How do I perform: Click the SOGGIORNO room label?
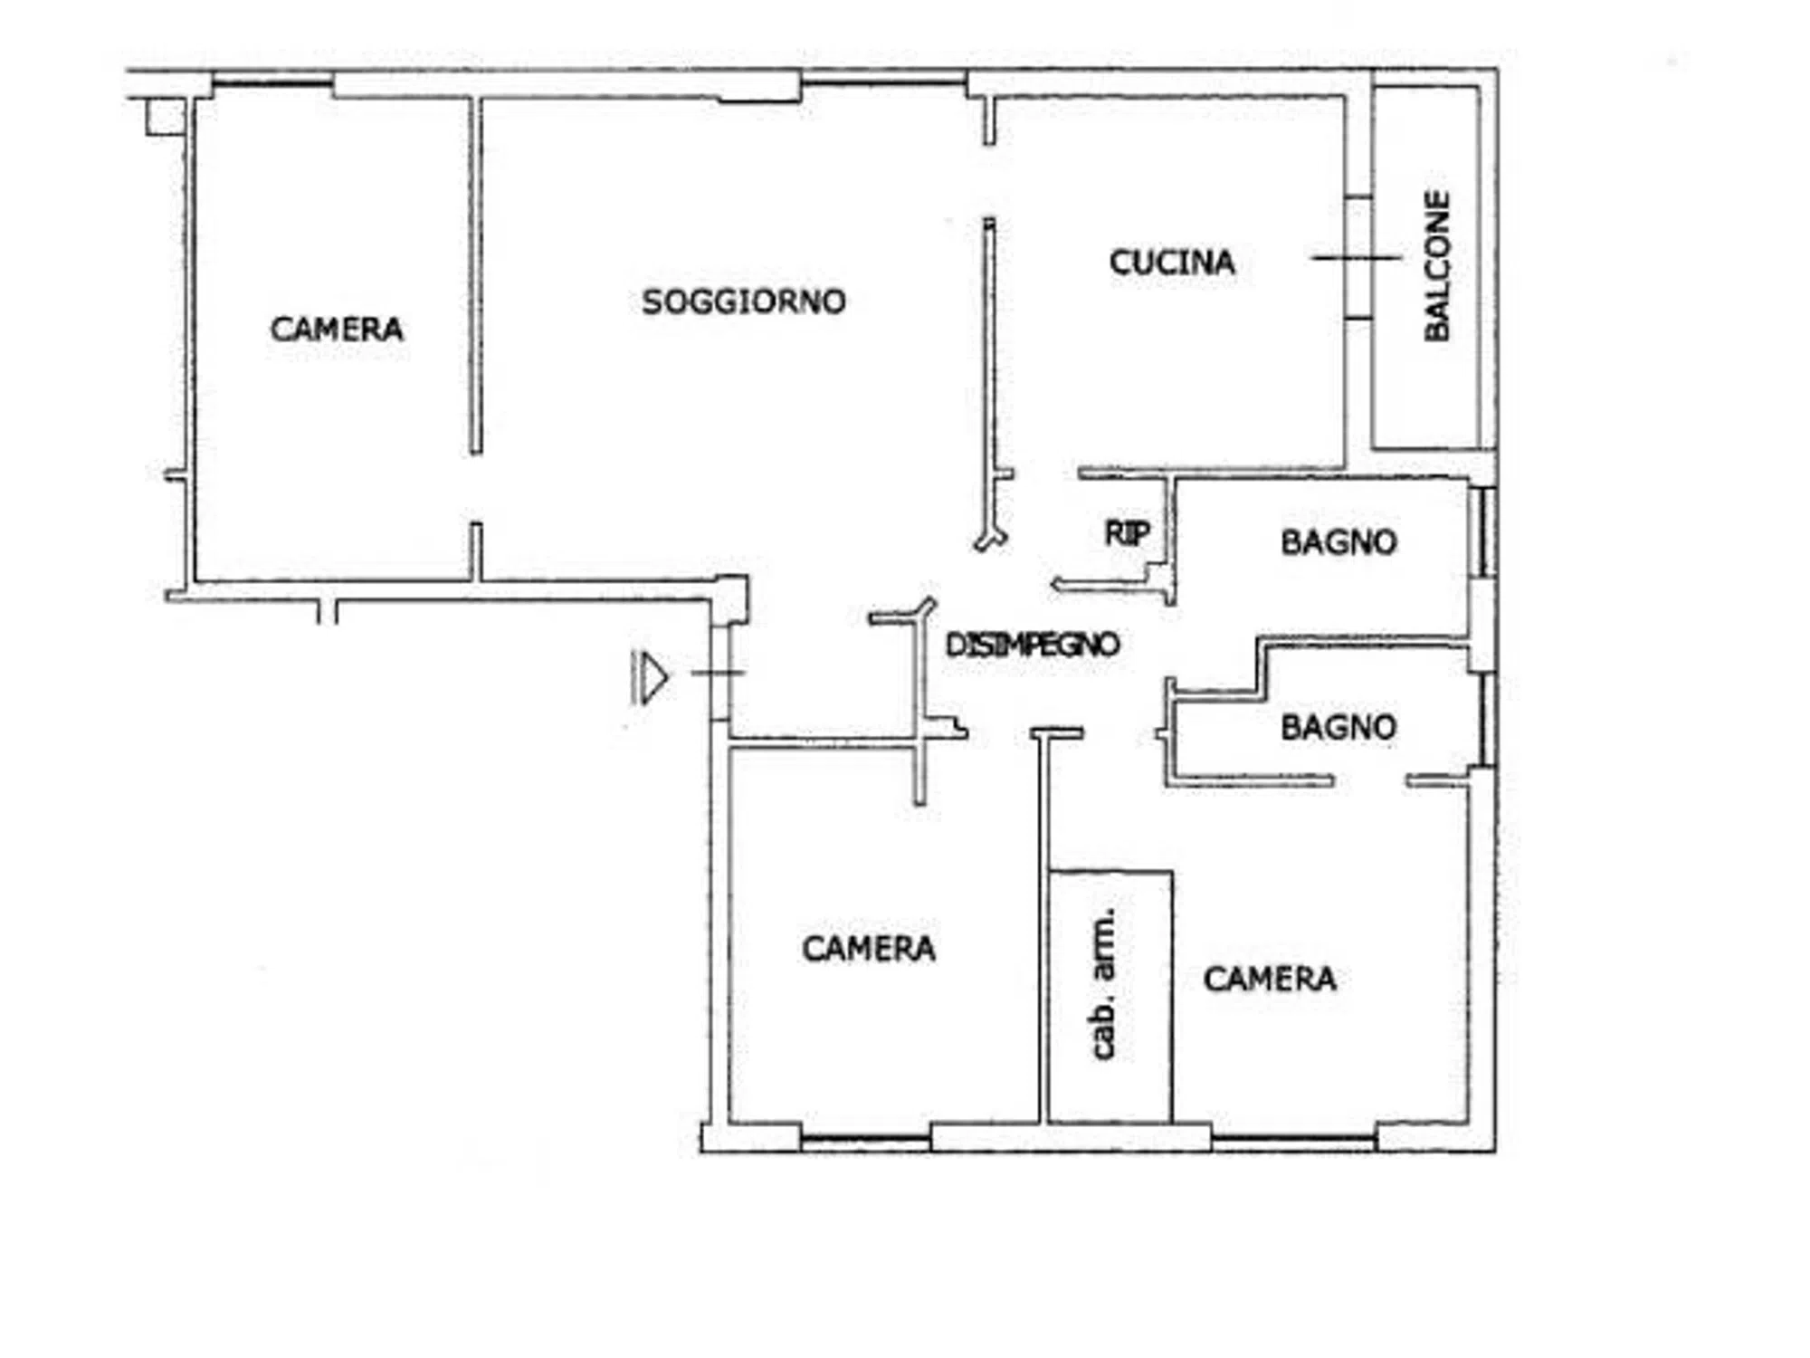click(743, 301)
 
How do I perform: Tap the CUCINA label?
click(1172, 263)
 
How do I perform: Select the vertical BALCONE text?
click(1437, 265)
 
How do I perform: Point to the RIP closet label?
click(1127, 533)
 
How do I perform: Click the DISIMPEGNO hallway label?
click(1033, 645)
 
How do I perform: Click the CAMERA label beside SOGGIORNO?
click(337, 329)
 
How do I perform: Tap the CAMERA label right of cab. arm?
click(1270, 979)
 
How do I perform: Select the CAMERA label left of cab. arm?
click(869, 949)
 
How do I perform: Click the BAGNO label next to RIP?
click(1338, 542)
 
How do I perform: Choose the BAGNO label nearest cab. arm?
click(1338, 727)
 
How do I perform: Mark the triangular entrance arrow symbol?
click(650, 677)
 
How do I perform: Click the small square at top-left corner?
click(167, 117)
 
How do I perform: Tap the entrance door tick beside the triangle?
click(718, 673)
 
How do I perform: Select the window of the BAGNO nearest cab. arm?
click(1487, 721)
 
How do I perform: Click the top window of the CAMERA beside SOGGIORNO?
click(272, 84)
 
